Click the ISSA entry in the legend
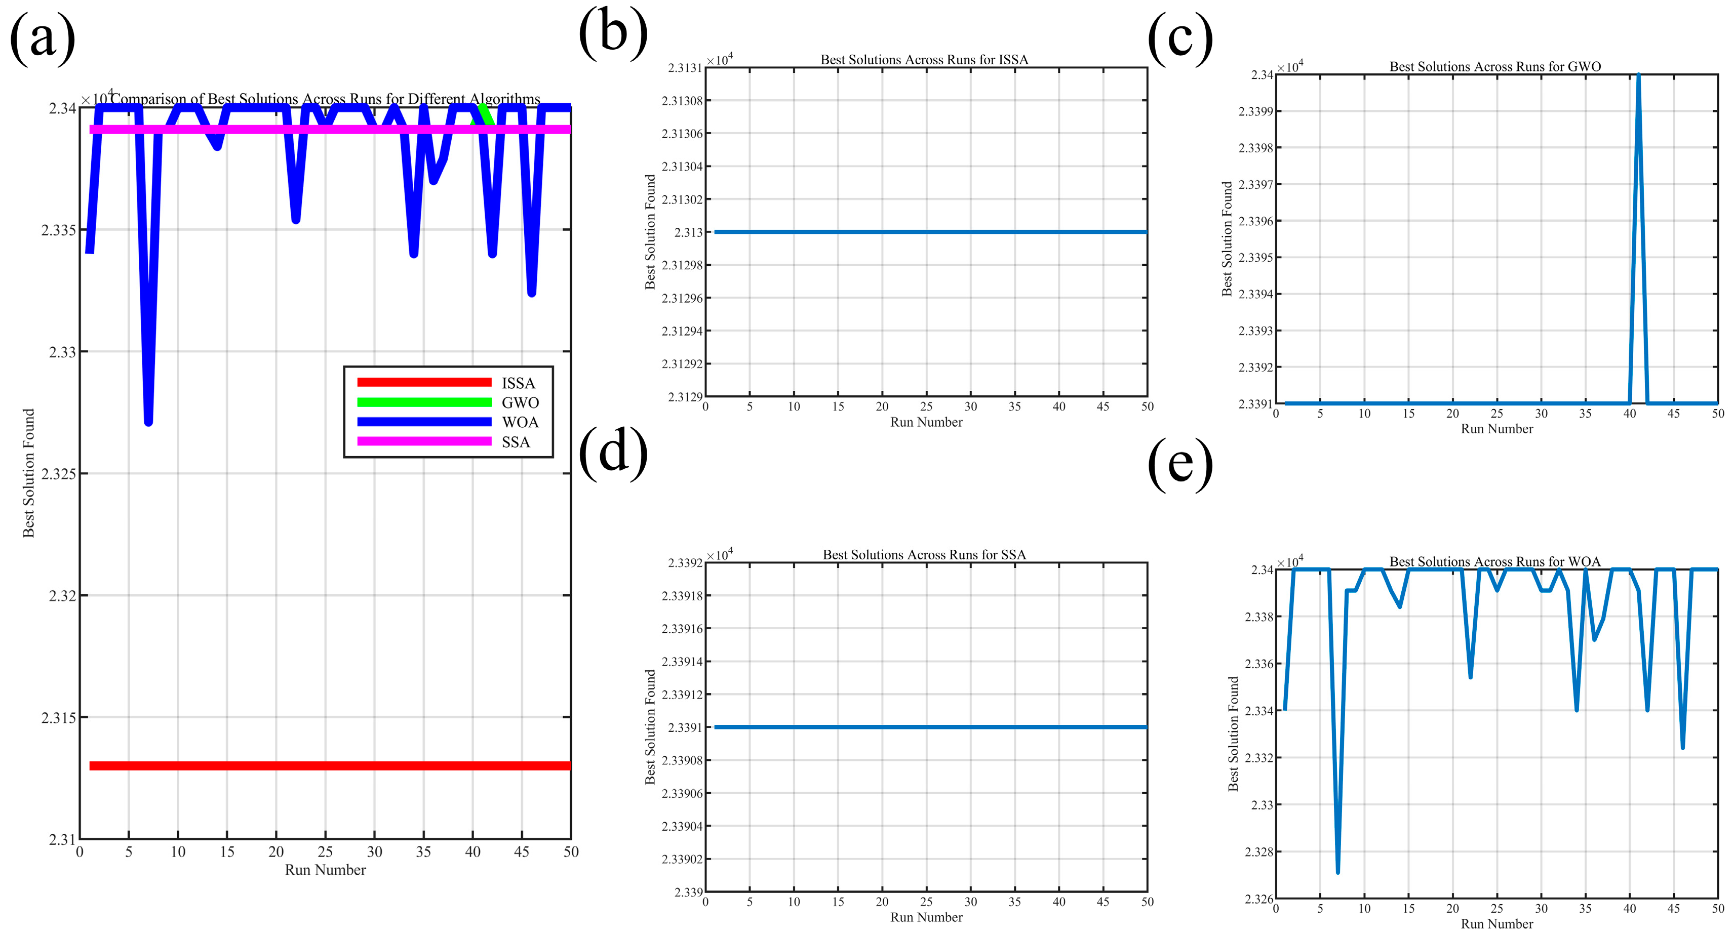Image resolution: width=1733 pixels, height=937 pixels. pyautogui.click(x=518, y=383)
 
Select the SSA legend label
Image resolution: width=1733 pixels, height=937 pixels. pyautogui.click(x=516, y=442)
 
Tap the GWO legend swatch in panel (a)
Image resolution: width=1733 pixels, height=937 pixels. pyautogui.click(x=424, y=402)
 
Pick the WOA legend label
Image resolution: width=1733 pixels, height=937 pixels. pyautogui.click(x=520, y=422)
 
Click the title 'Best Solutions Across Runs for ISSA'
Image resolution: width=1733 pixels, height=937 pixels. pyautogui.click(x=924, y=60)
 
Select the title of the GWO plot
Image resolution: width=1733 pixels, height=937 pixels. pyautogui.click(x=1495, y=67)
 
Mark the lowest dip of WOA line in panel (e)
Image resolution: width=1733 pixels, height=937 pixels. pyautogui.click(x=1337, y=872)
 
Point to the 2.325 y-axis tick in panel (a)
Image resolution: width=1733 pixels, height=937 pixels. pyautogui.click(x=59, y=473)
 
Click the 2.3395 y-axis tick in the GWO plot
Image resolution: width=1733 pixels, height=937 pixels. pyautogui.click(x=1255, y=258)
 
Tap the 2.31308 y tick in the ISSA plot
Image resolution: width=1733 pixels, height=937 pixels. pyautogui.click(x=682, y=101)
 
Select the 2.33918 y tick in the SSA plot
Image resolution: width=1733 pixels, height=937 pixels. pyautogui.click(x=682, y=596)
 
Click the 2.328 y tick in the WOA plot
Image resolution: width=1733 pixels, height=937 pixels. pyautogui.click(x=1258, y=851)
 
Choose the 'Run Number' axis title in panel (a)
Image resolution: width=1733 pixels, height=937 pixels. pyautogui.click(x=325, y=870)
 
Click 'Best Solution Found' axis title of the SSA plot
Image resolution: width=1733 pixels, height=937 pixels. pyautogui.click(x=650, y=726)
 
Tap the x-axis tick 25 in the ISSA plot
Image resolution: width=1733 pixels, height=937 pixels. pyautogui.click(x=926, y=406)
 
